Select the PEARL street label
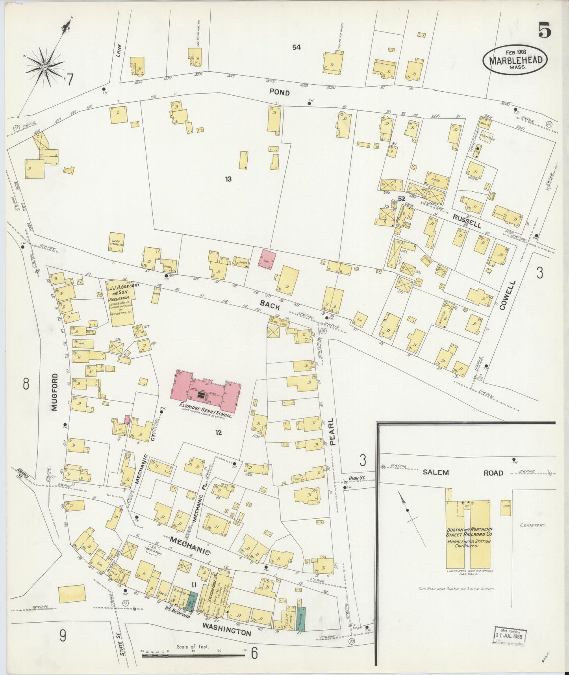[x=333, y=432]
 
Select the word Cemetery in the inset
[x=532, y=525]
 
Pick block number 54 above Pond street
[x=297, y=47]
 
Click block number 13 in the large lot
[x=228, y=179]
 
